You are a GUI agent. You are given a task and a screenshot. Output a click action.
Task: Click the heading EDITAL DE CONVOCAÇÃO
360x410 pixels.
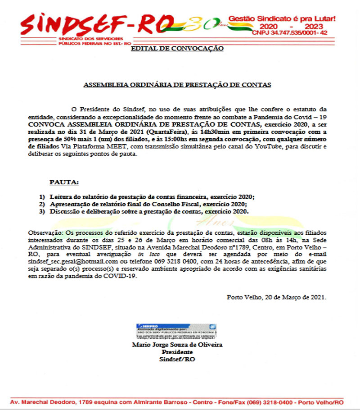(176, 48)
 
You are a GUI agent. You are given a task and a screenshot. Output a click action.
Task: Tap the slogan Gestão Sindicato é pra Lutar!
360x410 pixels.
(282, 18)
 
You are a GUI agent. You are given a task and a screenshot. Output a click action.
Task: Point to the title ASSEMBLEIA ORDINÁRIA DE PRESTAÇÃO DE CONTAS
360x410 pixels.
(177, 84)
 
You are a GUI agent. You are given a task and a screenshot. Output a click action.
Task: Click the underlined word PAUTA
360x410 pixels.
(64, 182)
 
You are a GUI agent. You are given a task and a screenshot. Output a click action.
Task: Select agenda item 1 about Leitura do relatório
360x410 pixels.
(152, 197)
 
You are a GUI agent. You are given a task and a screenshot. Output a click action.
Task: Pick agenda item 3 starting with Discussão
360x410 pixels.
(148, 211)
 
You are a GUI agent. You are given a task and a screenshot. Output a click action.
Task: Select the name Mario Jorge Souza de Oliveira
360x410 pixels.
(177, 345)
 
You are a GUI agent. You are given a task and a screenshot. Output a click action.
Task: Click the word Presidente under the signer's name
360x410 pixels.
(177, 352)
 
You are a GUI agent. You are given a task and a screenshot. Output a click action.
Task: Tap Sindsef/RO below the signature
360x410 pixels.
(177, 359)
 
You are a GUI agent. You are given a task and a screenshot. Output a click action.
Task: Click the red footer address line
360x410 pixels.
(176, 402)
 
